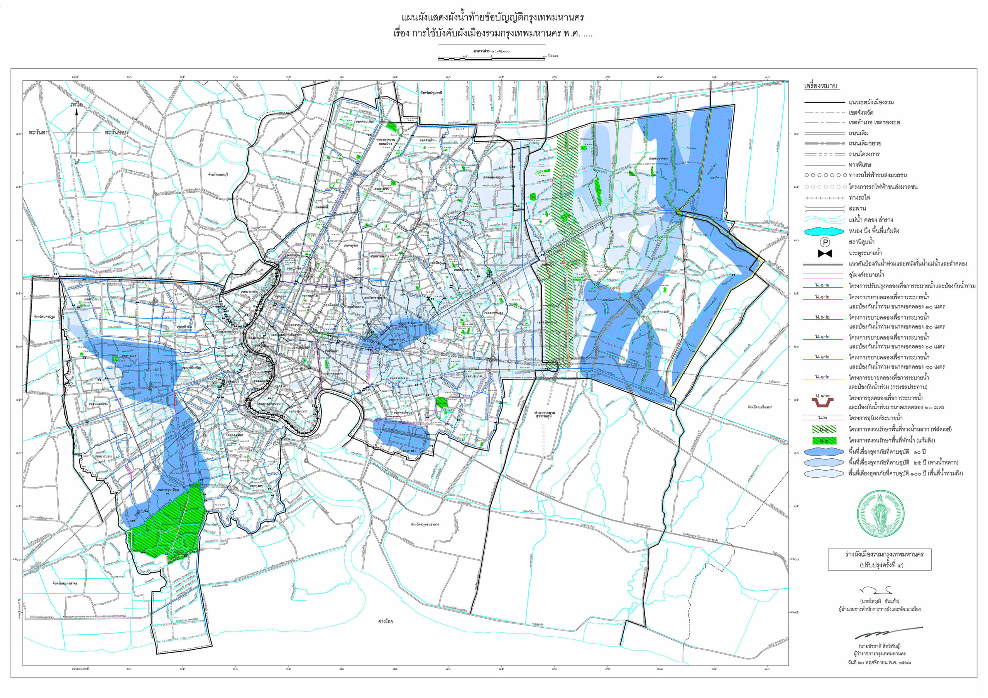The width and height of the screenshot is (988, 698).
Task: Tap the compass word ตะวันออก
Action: point(116,132)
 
